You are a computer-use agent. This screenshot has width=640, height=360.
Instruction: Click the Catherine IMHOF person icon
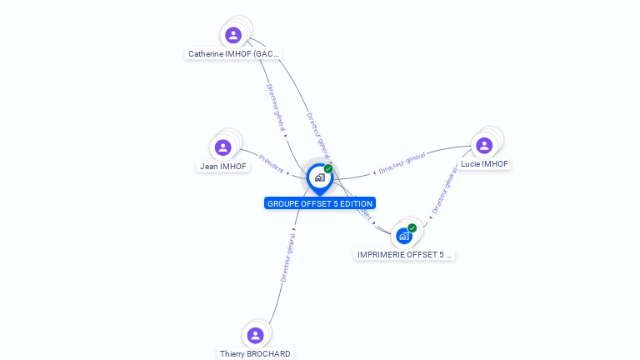[233, 35]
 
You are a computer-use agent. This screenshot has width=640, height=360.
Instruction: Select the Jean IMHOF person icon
[222, 147]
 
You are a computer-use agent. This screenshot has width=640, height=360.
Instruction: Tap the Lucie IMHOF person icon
[484, 146]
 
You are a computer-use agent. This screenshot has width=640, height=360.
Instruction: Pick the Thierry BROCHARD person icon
[256, 335]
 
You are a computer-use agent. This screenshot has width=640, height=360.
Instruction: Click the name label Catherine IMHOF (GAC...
[233, 54]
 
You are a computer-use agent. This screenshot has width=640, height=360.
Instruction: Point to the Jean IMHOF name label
[223, 166]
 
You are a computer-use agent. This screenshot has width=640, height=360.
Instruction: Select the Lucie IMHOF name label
[484, 164]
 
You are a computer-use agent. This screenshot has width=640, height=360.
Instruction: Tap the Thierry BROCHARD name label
[255, 353]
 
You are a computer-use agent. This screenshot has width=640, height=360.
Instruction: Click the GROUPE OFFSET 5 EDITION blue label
[320, 203]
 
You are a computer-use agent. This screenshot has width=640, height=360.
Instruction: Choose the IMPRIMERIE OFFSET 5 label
[404, 254]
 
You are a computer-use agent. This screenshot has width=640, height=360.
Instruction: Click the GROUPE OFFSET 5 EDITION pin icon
[319, 177]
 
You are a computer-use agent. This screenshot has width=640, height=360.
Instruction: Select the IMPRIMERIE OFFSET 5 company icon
[404, 236]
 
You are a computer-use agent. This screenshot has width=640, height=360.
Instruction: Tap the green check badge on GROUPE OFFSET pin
[328, 169]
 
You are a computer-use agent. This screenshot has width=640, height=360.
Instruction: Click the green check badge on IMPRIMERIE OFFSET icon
[412, 228]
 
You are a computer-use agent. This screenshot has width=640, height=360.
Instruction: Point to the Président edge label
[272, 163]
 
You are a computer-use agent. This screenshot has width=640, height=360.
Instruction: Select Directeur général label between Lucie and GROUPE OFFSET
[402, 162]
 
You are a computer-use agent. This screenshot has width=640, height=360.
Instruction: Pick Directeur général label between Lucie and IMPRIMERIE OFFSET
[445, 190]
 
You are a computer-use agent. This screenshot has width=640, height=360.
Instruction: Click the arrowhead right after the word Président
[288, 173]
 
